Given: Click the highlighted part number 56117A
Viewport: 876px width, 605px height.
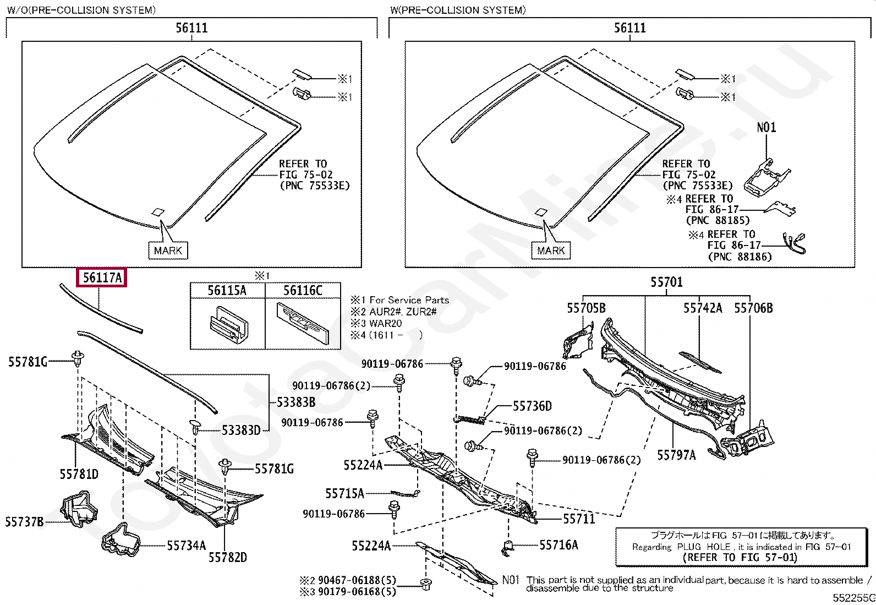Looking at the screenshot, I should (x=102, y=278).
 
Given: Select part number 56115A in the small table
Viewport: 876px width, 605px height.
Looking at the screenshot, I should (x=227, y=291).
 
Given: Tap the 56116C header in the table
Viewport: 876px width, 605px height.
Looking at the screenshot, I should (x=303, y=291).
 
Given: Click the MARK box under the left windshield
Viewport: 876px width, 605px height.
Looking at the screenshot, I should (x=168, y=250).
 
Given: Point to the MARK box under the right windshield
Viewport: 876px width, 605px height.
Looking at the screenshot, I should (x=551, y=250).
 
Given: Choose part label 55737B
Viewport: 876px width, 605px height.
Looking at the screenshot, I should (x=24, y=521).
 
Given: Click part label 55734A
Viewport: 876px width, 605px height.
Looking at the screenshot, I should (x=186, y=546).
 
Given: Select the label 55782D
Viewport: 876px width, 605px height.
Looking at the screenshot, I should (x=228, y=558).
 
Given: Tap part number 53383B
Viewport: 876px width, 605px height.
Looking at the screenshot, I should (x=296, y=402).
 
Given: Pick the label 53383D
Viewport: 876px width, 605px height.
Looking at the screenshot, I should (x=241, y=430).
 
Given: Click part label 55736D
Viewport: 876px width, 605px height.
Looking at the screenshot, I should (x=532, y=406).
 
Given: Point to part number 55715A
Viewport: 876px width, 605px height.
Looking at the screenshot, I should (x=344, y=494).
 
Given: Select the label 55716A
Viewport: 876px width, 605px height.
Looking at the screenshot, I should (x=559, y=545).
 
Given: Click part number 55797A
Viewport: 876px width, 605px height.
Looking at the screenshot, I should (x=676, y=455).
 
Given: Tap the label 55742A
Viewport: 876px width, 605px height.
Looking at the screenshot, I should (x=703, y=308).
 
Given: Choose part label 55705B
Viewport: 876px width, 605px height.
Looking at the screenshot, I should (x=586, y=308).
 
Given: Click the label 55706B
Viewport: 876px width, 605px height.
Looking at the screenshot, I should (x=753, y=308).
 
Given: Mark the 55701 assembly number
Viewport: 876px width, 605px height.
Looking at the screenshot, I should (x=666, y=282).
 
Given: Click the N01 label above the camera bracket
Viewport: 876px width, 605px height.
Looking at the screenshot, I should (x=766, y=128).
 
